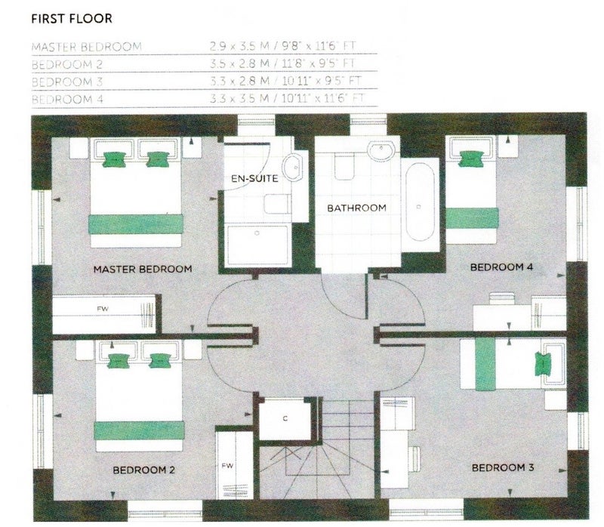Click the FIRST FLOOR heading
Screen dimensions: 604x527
72,18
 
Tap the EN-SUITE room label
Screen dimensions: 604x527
254,178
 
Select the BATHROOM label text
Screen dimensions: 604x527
356,208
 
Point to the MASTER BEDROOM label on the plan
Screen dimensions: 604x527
143,269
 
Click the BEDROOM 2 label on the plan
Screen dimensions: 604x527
143,470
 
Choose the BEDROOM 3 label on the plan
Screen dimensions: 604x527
503,467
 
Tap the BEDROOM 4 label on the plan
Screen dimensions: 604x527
501,267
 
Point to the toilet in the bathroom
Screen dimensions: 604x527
344,166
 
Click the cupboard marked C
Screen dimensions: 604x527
285,419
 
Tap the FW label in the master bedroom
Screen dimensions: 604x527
103,309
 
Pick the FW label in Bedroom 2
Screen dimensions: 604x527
227,466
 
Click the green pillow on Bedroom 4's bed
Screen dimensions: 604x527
470,159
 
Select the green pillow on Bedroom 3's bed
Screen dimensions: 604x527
542,364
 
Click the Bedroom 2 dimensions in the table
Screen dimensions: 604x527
282,63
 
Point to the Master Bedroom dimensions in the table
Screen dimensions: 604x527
282,46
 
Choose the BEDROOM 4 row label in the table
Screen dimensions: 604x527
67,100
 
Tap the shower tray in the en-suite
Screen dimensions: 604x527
257,245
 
